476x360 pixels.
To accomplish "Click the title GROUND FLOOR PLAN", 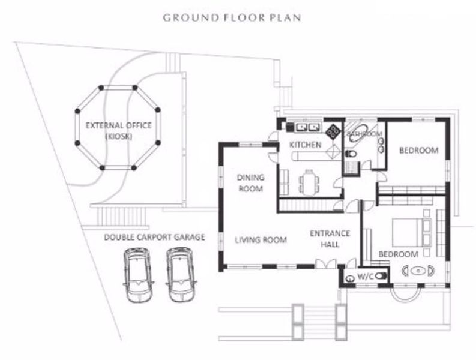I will click(232, 17).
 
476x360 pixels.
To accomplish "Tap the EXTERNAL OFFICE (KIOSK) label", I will click(118, 131).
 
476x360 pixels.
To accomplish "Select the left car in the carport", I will click(137, 275).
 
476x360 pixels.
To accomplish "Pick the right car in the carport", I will click(181, 275).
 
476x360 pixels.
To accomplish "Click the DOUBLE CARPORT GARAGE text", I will click(154, 237).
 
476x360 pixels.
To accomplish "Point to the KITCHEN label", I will click(305, 145).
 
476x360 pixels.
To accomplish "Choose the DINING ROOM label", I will click(250, 182).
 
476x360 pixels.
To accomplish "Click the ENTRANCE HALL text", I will click(325, 239).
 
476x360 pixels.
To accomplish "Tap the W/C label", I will click(366, 277).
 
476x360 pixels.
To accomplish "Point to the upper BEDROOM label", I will click(419, 150).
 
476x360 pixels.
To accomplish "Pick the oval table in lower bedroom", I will click(418, 270).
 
